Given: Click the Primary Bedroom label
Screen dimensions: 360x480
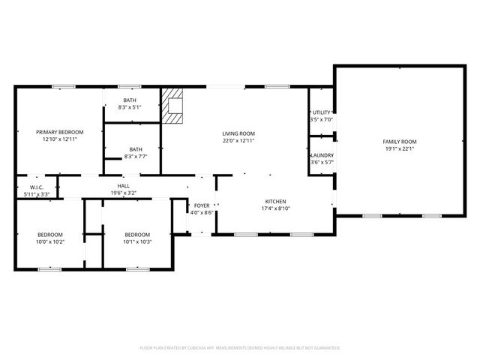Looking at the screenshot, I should click(x=60, y=132).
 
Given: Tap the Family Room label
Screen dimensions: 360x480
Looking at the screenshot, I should click(x=400, y=142).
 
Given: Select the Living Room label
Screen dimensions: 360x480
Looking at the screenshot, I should click(x=238, y=133).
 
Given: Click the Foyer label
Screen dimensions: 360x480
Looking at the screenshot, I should click(x=202, y=205).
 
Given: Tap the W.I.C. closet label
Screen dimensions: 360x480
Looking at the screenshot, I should click(x=37, y=187).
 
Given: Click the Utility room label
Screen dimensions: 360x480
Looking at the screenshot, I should click(x=321, y=112).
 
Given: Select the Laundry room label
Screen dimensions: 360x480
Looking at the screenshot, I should click(x=322, y=155).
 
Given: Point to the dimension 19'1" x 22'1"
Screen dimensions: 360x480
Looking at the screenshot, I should click(x=400, y=148).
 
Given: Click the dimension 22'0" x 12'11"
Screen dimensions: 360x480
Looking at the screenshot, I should click(x=238, y=140).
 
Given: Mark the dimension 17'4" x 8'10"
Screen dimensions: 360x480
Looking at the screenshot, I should click(x=275, y=209).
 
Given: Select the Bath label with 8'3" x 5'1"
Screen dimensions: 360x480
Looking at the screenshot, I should click(x=130, y=100).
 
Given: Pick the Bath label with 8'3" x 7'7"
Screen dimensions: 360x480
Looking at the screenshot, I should click(x=136, y=149).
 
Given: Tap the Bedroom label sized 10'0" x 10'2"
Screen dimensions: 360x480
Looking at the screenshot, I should click(x=50, y=234).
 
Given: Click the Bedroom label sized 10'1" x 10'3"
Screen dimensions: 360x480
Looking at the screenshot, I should click(x=138, y=234).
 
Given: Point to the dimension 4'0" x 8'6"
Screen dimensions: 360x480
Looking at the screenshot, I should click(x=202, y=212).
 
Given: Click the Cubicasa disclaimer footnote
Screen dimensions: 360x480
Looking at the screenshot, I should click(x=240, y=348).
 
